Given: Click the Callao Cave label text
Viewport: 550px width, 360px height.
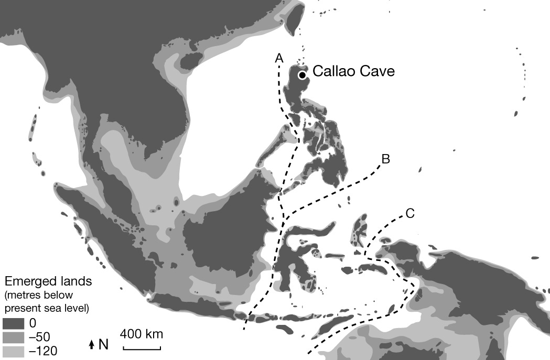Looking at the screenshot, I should pos(353,72).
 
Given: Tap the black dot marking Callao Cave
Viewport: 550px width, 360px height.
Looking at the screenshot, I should pos(303,75).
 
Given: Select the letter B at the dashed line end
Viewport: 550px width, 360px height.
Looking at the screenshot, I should pos(385,159).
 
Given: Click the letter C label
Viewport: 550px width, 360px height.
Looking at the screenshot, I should pos(410,213).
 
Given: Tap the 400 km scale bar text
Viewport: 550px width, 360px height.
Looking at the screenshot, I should pos(142,334).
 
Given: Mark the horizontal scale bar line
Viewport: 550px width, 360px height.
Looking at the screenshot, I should pos(142,347).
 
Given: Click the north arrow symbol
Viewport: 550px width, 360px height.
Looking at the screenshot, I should pos(92,345).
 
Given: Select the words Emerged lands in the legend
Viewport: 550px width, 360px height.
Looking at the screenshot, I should pos(48,281).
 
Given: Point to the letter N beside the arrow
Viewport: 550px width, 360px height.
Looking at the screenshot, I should pos(103,344).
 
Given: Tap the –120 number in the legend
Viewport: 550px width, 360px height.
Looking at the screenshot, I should pos(45,350).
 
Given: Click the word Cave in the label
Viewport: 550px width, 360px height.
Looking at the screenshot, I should pos(375,72).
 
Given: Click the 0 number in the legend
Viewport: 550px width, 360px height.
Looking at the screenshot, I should pos(33,323).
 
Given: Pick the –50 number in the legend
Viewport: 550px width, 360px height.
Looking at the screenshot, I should pos(41,336).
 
